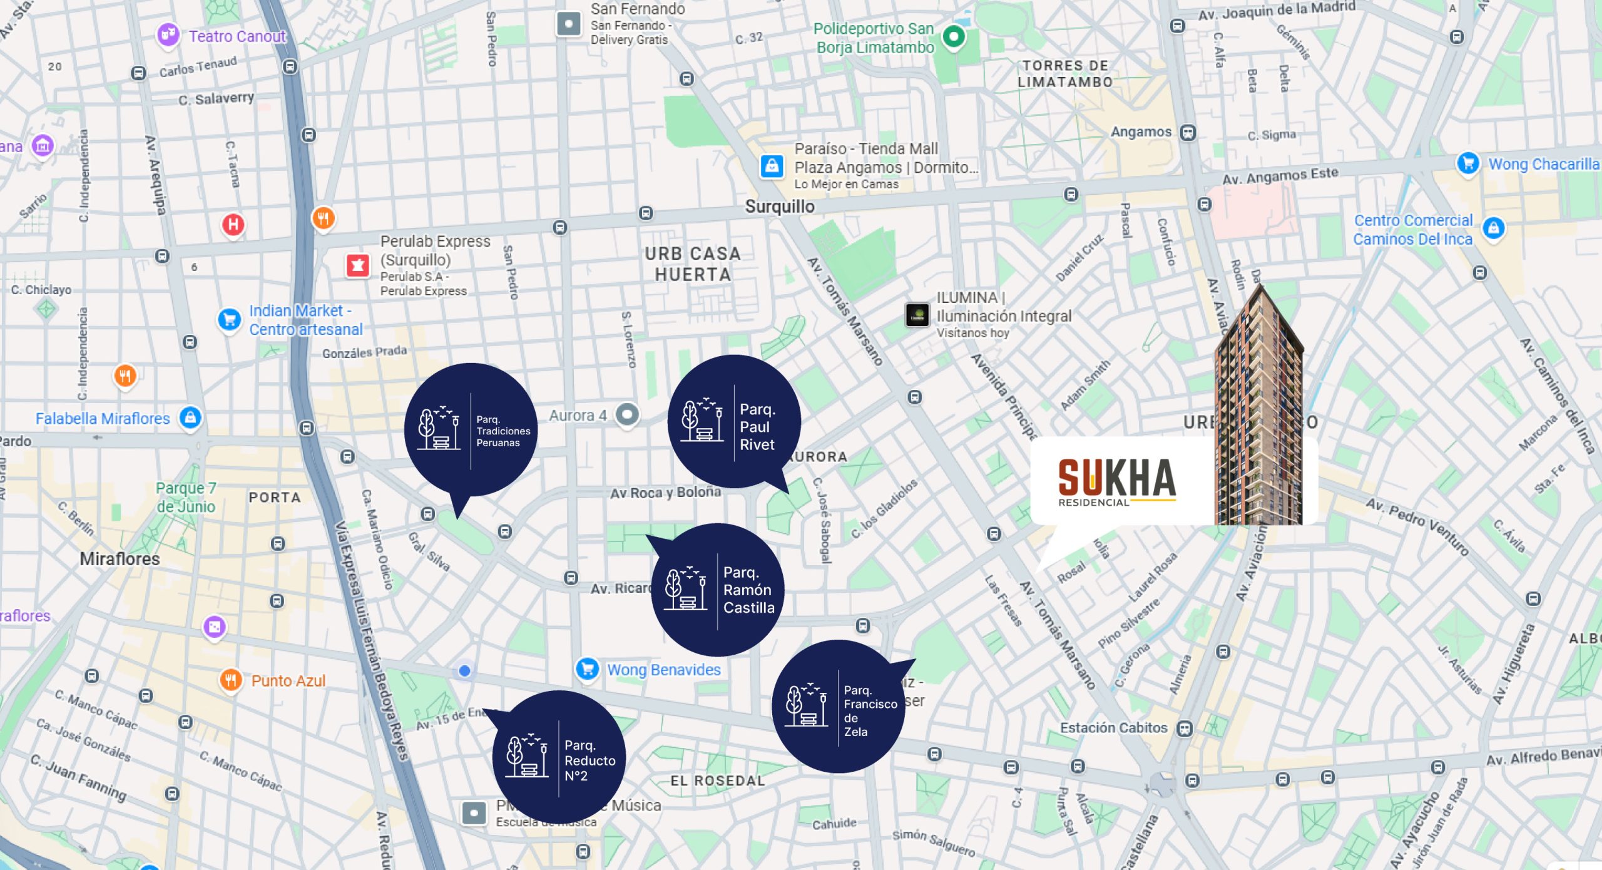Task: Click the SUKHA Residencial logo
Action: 1117,481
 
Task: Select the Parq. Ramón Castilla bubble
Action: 717,590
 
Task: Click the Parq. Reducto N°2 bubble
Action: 559,757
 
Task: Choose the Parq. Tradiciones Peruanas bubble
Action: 471,429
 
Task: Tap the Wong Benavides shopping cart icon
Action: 587,669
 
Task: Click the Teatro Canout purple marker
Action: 168,34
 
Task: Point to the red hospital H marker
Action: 233,224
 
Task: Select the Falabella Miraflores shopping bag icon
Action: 190,417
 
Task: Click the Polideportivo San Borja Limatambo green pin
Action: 953,36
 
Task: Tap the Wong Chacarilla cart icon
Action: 1467,163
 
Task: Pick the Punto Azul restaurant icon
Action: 231,680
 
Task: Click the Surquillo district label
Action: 780,207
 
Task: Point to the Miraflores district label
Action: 120,559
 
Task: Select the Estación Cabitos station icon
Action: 1184,728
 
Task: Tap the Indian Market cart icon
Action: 229,319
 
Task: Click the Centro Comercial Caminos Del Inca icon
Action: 1494,228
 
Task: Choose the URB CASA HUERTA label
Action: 693,264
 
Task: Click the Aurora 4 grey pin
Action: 627,414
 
